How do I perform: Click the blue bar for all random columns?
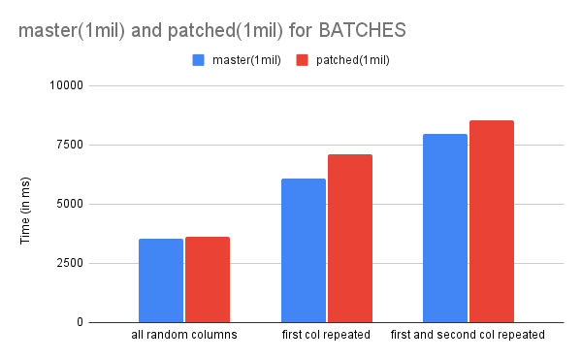(161, 280)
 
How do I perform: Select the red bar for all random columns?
(208, 279)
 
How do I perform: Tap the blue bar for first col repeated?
(304, 250)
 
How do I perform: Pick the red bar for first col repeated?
(350, 239)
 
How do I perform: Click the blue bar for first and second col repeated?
(445, 228)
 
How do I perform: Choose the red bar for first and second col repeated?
(492, 221)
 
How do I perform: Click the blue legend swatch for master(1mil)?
(198, 60)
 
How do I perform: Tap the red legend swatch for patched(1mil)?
(302, 60)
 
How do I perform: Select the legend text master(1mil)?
(246, 60)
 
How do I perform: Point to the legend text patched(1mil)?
(353, 60)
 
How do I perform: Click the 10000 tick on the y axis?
(66, 85)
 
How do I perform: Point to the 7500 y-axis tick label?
(70, 145)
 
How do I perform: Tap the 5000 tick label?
(70, 204)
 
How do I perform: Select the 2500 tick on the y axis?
(70, 263)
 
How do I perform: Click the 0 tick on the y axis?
(80, 322)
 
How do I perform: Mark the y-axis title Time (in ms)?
(25, 211)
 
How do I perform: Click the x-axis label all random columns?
(184, 335)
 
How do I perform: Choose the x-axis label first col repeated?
(326, 335)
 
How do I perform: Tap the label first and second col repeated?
(468, 335)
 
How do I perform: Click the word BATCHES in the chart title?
(362, 30)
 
